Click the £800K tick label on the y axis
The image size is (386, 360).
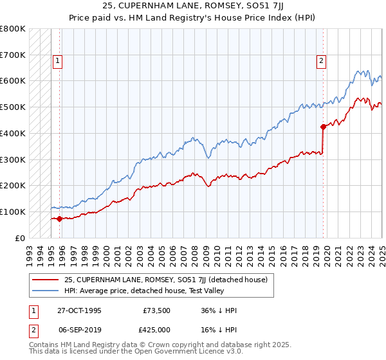13,29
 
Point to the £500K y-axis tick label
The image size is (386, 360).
13,107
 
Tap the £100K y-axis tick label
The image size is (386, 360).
13,212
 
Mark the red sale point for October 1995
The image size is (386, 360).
60,219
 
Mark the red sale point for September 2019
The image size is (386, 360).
323,127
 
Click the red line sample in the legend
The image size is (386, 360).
47,279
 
